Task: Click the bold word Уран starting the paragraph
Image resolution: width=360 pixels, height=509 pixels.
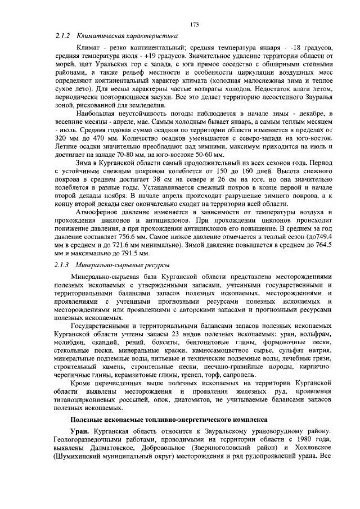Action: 79,430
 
